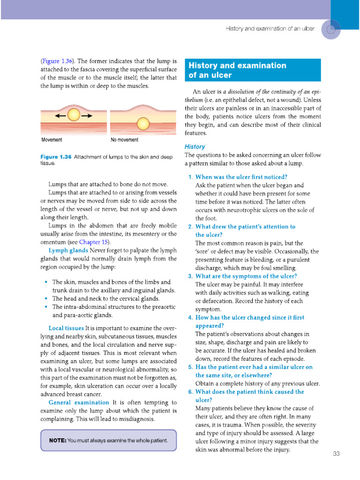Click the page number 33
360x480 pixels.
click(x=336, y=453)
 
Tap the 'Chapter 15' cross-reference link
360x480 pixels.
click(x=94, y=242)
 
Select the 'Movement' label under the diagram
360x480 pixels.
click(x=52, y=140)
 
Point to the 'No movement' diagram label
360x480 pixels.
click(x=124, y=140)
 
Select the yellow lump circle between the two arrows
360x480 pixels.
click(x=74, y=115)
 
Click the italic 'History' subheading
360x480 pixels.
click(x=195, y=147)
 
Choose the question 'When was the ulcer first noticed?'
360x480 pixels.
click(x=241, y=177)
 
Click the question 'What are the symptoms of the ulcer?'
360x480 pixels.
click(x=246, y=276)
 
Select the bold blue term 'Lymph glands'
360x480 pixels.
click(x=68, y=250)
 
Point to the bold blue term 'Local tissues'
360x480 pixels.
click(x=66, y=328)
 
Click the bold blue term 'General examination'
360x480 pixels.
click(x=79, y=402)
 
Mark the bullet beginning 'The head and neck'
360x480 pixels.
click(x=105, y=298)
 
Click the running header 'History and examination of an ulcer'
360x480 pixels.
click(x=270, y=29)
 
